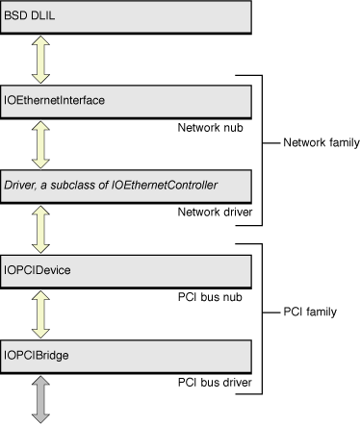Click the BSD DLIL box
[127, 18]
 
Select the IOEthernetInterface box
[127, 100]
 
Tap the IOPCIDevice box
[127, 271]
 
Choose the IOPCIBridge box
[127, 356]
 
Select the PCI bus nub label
[216, 297]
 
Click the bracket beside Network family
[262, 149]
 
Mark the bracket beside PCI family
[262, 317]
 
